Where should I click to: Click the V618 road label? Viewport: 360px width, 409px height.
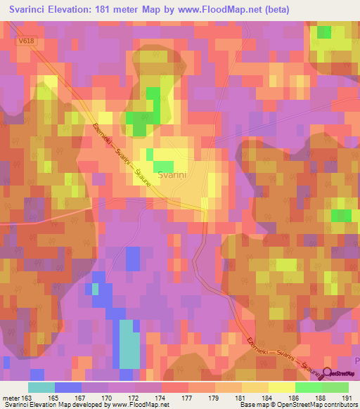pos(27,42)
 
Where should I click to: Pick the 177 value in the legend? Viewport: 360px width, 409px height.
pos(188,397)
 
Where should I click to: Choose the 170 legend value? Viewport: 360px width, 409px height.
pos(108,397)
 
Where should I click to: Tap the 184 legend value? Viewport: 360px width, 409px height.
pos(268,397)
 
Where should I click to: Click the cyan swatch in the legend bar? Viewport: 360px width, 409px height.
pos(41,387)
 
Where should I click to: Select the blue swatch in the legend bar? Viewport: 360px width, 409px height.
pos(68,387)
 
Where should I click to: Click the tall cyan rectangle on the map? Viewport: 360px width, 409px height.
pos(129,344)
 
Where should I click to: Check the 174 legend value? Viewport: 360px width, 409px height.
pos(161,397)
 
